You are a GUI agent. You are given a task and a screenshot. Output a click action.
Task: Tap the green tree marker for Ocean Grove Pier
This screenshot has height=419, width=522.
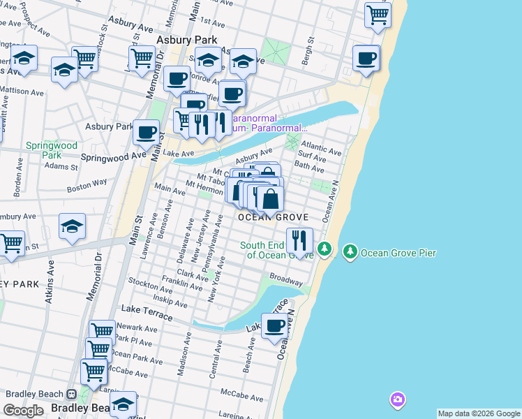click(350, 251)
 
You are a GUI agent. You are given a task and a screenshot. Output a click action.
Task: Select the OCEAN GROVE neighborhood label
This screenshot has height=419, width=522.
click(273, 218)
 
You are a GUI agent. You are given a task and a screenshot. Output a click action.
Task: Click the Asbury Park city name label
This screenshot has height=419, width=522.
click(187, 41)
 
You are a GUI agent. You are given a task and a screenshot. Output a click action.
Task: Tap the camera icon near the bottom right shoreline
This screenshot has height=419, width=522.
click(397, 400)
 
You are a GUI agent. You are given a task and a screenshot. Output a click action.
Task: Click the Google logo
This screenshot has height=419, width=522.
click(23, 411)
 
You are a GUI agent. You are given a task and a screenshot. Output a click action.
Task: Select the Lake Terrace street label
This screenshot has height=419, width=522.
click(147, 309)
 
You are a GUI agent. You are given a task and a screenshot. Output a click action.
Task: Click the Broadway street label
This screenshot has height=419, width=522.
click(286, 277)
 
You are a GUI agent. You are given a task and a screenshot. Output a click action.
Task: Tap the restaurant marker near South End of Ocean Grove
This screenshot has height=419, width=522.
click(299, 241)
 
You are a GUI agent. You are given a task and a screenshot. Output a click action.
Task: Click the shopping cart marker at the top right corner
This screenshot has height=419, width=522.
click(378, 14)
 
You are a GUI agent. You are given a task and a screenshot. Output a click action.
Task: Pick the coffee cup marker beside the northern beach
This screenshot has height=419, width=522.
click(366, 59)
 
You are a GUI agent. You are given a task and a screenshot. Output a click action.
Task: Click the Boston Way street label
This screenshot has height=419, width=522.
click(87, 184)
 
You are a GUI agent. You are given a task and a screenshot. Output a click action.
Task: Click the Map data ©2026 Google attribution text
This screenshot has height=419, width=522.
click(479, 413)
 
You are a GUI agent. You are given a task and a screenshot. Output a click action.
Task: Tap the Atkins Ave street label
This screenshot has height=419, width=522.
click(50, 283)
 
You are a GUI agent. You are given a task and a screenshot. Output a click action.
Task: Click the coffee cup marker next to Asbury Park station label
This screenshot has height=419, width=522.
click(146, 131)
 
